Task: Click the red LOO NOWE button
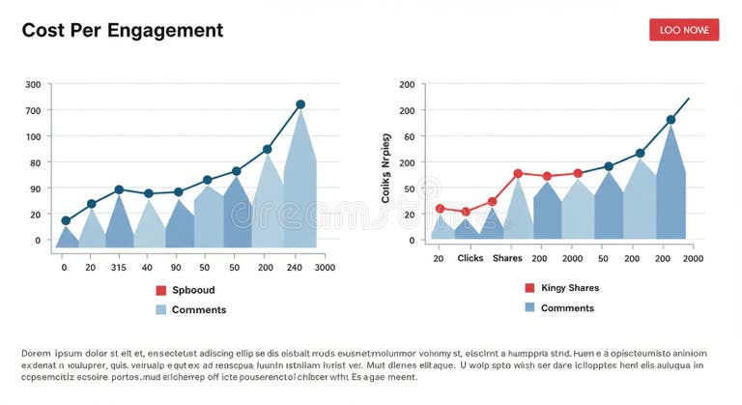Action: pyautogui.click(x=684, y=30)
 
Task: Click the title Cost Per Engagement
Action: pyautogui.click(x=122, y=30)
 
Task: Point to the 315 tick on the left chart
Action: pyautogui.click(x=118, y=268)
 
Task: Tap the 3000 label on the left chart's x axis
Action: pyautogui.click(x=325, y=268)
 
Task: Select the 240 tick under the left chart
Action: pyautogui.click(x=296, y=268)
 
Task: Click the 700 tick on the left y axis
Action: pyautogui.click(x=33, y=110)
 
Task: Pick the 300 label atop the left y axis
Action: pyautogui.click(x=33, y=85)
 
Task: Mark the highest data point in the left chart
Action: pyautogui.click(x=300, y=104)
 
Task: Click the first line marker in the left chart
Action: pyautogui.click(x=66, y=220)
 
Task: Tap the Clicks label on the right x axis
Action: pyautogui.click(x=471, y=259)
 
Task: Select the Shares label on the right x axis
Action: pyautogui.click(x=507, y=259)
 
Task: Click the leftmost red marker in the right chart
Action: pyautogui.click(x=440, y=209)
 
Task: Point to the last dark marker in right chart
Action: pyautogui.click(x=671, y=120)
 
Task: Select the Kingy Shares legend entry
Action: pyautogui.click(x=569, y=288)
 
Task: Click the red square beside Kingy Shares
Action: pyautogui.click(x=529, y=288)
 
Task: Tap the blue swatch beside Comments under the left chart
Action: pyautogui.click(x=161, y=310)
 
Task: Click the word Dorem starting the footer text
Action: pyautogui.click(x=36, y=355)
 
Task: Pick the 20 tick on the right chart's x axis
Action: pyautogui.click(x=439, y=259)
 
